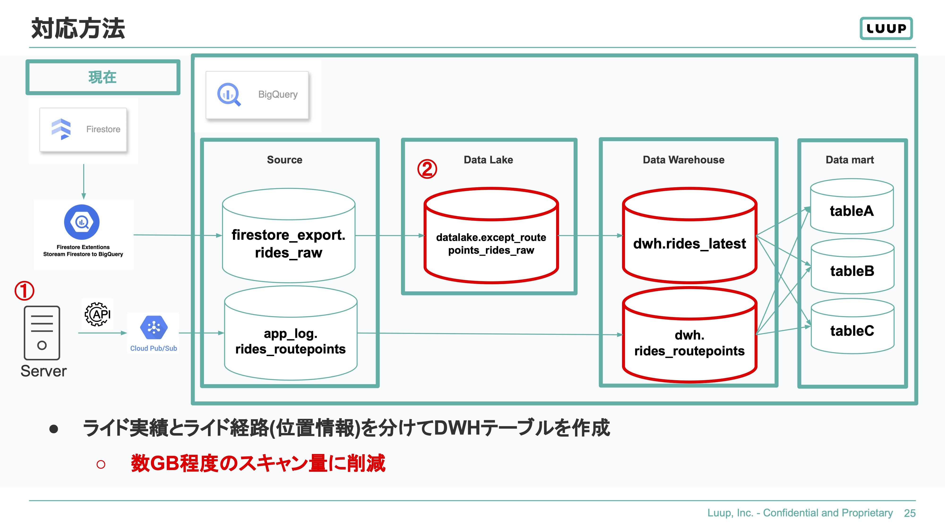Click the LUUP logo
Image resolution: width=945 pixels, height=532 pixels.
(x=886, y=28)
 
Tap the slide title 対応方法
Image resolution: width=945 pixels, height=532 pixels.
(x=78, y=28)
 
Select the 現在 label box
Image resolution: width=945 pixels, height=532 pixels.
(x=103, y=77)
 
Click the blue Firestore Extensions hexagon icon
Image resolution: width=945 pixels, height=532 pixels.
(x=82, y=222)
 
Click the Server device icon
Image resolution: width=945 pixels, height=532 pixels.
(x=42, y=333)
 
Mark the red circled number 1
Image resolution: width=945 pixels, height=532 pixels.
(x=24, y=291)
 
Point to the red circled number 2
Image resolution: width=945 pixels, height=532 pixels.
(x=427, y=169)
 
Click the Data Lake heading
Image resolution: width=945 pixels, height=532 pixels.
(x=488, y=160)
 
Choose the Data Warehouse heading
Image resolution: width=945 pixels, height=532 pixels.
(x=683, y=160)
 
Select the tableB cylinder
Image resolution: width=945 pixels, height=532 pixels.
(x=852, y=266)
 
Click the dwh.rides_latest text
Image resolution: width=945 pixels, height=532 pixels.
(x=690, y=244)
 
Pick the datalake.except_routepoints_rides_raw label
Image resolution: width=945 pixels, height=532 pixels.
(x=491, y=244)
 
